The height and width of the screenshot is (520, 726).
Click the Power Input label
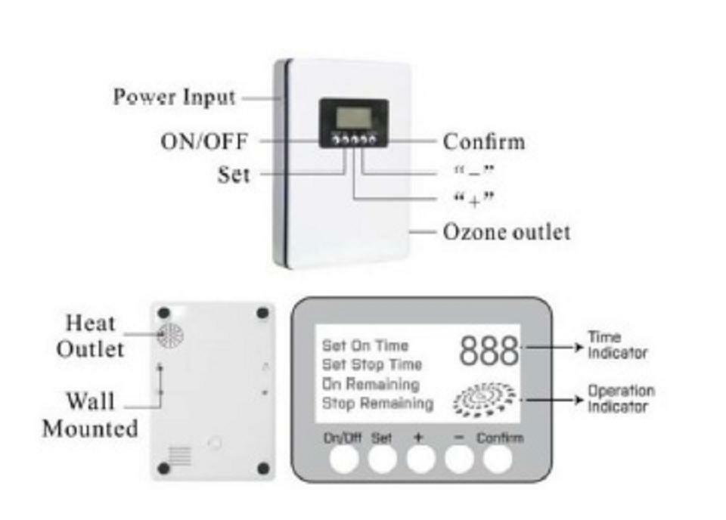(x=174, y=97)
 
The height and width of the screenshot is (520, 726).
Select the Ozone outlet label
(x=506, y=231)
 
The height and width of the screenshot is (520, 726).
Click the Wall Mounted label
(x=90, y=414)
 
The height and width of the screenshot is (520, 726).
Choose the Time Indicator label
(x=618, y=345)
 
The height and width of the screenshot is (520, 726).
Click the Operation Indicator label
(x=621, y=398)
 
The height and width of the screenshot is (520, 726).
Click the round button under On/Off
(x=344, y=459)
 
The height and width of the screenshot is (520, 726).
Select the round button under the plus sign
(x=420, y=459)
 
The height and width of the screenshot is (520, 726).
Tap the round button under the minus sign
(x=459, y=459)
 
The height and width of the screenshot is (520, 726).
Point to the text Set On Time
(x=365, y=345)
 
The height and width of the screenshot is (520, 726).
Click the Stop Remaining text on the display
(x=377, y=404)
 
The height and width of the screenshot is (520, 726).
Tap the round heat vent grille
(x=170, y=335)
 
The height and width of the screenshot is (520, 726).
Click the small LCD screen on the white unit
(x=352, y=116)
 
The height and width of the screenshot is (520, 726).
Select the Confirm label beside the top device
(x=483, y=141)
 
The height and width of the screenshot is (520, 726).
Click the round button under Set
(x=382, y=459)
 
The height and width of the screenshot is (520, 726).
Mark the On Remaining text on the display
(x=371, y=384)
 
